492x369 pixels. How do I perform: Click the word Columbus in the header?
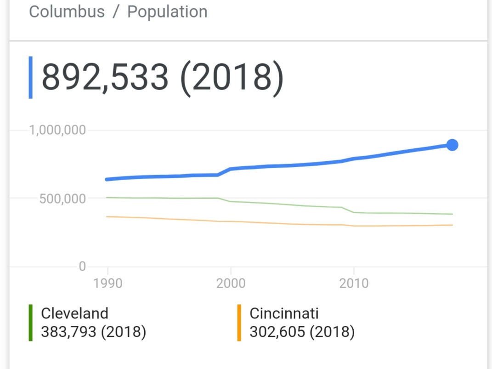coord(67,11)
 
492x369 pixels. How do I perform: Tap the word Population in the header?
coord(167,11)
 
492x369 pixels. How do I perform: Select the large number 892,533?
coord(105,77)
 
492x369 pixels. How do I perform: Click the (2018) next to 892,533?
coord(231,77)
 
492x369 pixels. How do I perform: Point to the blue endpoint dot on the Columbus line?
coord(452,145)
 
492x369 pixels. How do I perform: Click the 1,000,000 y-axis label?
coord(57,130)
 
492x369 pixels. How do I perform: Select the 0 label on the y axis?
coord(82,266)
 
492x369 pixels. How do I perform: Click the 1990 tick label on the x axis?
coord(108,283)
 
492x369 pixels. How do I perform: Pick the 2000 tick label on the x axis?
coord(231,283)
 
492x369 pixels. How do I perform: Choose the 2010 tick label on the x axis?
coord(354,283)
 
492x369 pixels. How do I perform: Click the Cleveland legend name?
coord(74,313)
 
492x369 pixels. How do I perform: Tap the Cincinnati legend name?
coord(284,313)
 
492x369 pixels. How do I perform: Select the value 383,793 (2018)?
coord(93,331)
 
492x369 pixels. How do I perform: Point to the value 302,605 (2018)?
coord(302,331)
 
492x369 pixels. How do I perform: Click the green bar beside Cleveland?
coord(30,323)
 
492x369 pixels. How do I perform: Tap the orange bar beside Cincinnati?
coord(239,323)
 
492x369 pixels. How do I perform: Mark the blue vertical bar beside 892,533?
coord(30,77)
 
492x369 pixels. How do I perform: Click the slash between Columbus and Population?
coord(116,12)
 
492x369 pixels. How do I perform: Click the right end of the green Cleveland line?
coord(452,214)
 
